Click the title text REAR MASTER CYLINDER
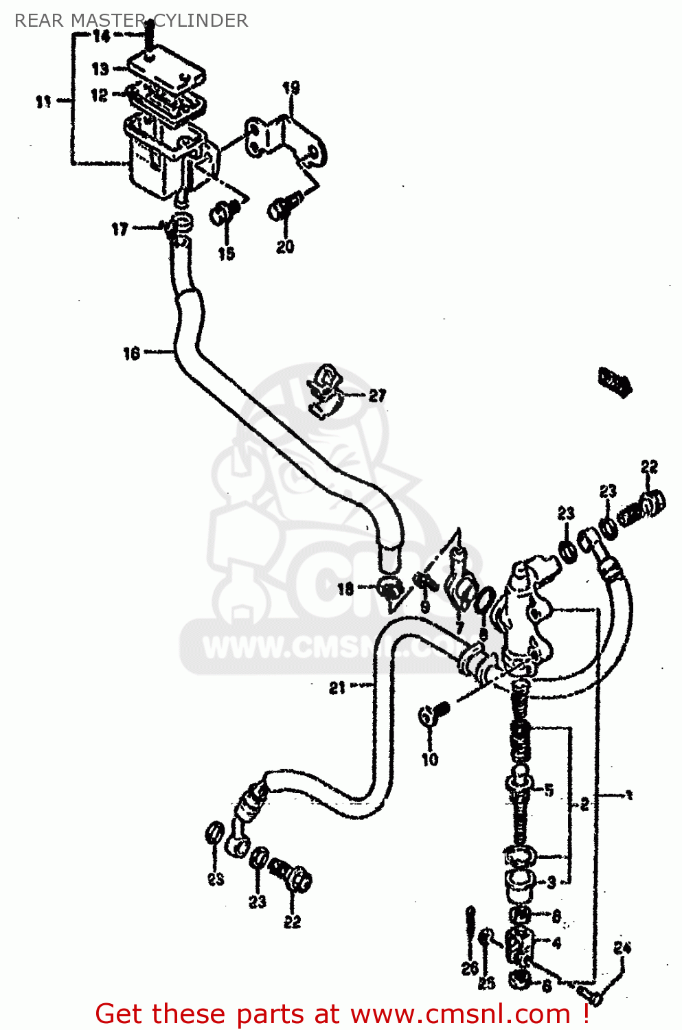click(130, 21)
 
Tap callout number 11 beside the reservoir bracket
click(43, 102)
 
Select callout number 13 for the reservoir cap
click(100, 69)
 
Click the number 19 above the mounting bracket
click(291, 88)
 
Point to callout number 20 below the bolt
click(285, 247)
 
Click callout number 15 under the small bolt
click(226, 253)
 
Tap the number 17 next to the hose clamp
click(120, 229)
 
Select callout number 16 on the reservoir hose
click(131, 354)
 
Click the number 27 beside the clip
click(377, 396)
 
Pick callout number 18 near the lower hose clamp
click(345, 589)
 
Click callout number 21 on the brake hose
click(337, 687)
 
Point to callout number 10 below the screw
click(429, 759)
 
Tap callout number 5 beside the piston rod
click(549, 790)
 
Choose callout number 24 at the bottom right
click(622, 948)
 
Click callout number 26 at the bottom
click(470, 970)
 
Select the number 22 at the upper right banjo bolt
click(649, 467)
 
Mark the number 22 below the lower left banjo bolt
click(293, 922)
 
